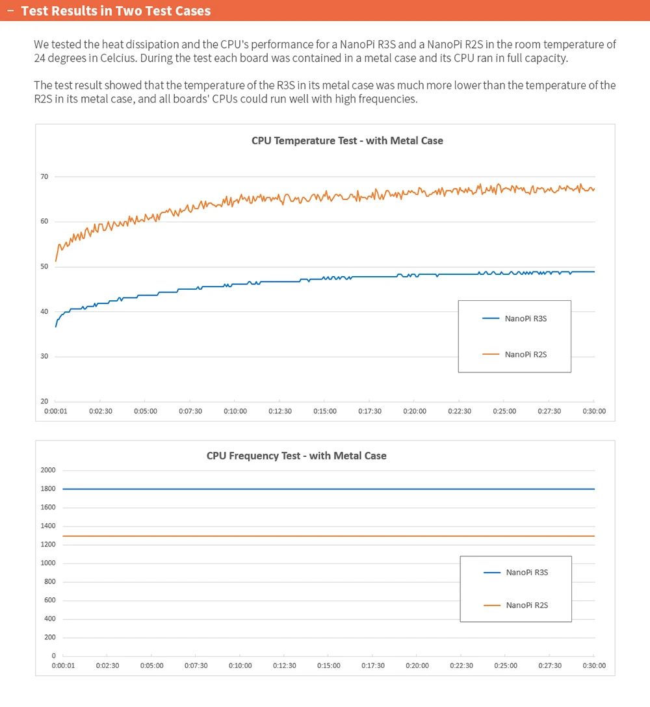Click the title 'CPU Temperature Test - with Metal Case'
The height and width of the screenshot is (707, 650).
pos(347,140)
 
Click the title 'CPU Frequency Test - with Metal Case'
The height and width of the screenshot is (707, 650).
pos(296,456)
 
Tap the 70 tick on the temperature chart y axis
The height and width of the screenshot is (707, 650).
pos(44,177)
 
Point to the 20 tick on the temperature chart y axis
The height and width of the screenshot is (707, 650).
pos(44,402)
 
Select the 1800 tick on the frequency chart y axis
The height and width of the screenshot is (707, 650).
pos(48,489)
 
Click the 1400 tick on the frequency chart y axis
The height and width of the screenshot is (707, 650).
pos(48,526)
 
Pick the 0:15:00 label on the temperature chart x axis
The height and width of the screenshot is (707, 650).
pos(325,411)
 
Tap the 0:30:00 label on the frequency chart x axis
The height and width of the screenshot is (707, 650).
pos(594,665)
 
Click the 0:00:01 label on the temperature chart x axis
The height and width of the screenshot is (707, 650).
pos(55,411)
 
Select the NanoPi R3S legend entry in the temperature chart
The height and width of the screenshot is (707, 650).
pos(515,319)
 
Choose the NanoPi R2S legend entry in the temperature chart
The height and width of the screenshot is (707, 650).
pos(515,354)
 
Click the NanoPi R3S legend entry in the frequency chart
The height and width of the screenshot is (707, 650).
pos(516,572)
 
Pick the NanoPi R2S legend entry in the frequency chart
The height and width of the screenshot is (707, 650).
pos(516,605)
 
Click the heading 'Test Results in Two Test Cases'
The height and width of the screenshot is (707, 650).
pos(116,11)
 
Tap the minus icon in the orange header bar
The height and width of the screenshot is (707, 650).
pos(11,10)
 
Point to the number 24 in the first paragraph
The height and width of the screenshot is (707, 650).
pos(40,58)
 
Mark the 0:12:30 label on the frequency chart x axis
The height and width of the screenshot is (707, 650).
pos(285,665)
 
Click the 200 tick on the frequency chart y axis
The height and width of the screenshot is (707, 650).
pos(49,637)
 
